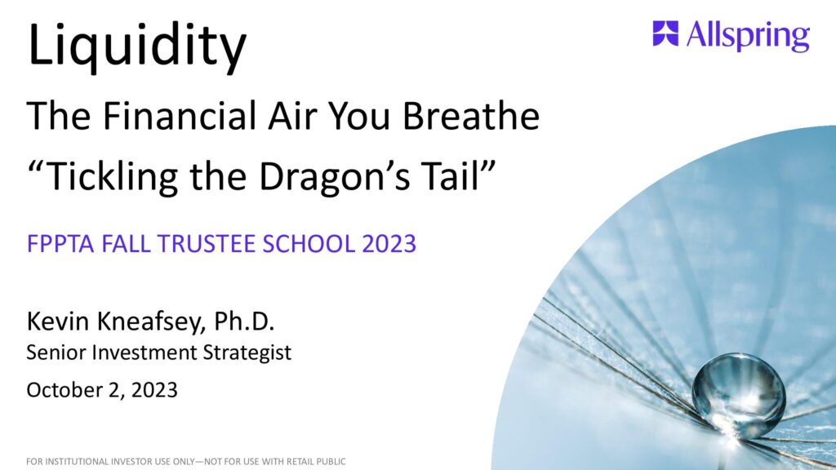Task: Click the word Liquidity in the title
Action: (137, 47)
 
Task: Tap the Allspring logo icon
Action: (665, 33)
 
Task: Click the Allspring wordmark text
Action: (748, 36)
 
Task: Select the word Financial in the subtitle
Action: (180, 115)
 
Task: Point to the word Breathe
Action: (471, 115)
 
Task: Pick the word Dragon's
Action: (334, 176)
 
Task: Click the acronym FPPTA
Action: (60, 243)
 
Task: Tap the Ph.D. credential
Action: (244, 321)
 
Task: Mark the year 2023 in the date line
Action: (154, 390)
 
